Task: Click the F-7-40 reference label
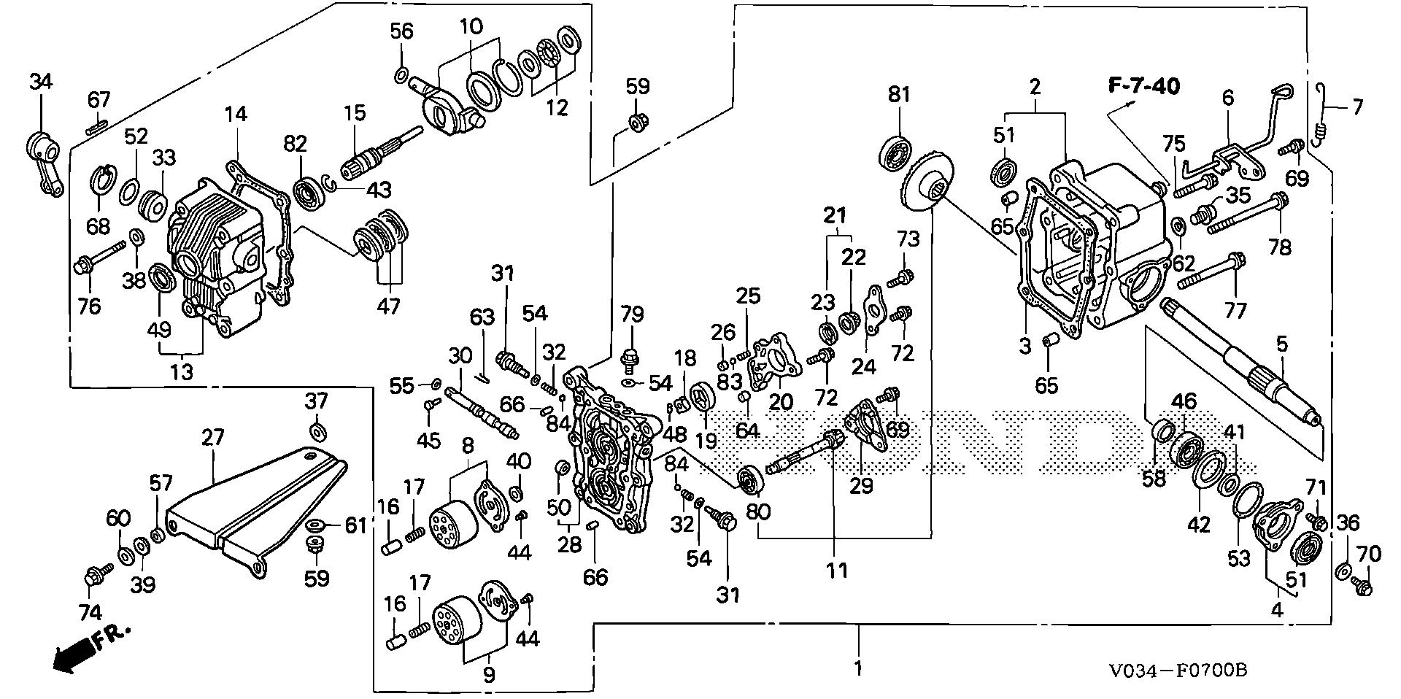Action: pyautogui.click(x=1144, y=86)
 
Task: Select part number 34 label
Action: pyautogui.click(x=41, y=82)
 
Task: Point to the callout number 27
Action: pyautogui.click(x=213, y=438)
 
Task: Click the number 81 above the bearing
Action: pyautogui.click(x=899, y=94)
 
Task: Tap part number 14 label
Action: pyautogui.click(x=235, y=114)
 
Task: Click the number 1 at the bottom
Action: pyautogui.click(x=858, y=668)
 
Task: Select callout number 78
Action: pyautogui.click(x=1280, y=247)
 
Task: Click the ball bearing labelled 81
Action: pyautogui.click(x=896, y=152)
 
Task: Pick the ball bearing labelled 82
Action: pyautogui.click(x=313, y=193)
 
